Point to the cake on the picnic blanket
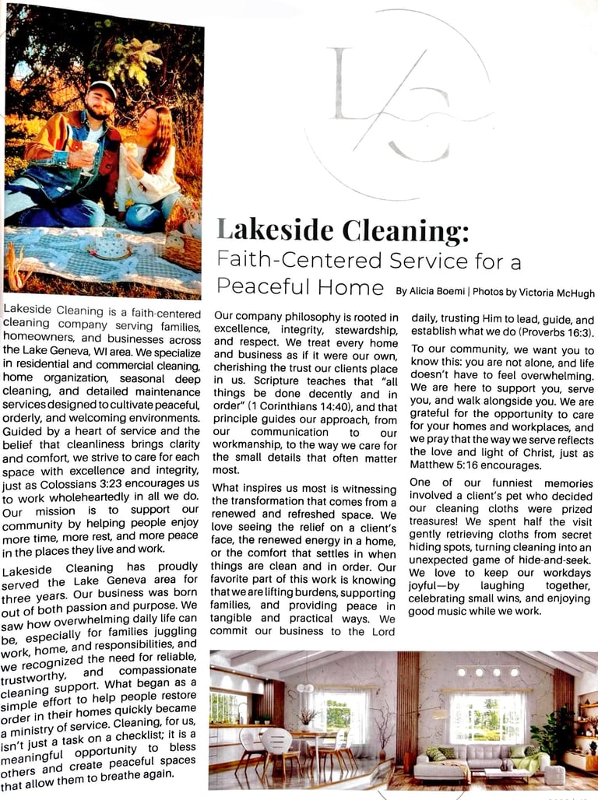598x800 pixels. (110, 247)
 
